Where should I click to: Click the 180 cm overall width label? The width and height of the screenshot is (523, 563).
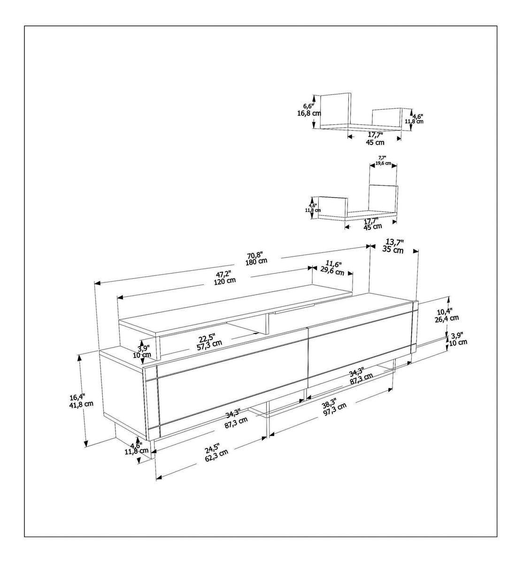click(x=256, y=262)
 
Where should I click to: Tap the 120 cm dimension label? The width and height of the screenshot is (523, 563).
click(x=225, y=281)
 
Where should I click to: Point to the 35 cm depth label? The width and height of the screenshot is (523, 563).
click(x=393, y=250)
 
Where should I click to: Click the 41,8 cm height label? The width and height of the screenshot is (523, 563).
click(x=81, y=404)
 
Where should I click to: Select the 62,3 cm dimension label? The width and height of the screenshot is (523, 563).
click(x=216, y=459)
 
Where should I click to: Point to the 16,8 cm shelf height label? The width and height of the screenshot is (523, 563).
click(x=309, y=114)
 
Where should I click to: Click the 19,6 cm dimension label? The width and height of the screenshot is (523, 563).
click(x=384, y=163)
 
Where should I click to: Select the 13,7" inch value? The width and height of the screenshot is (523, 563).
click(x=395, y=243)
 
